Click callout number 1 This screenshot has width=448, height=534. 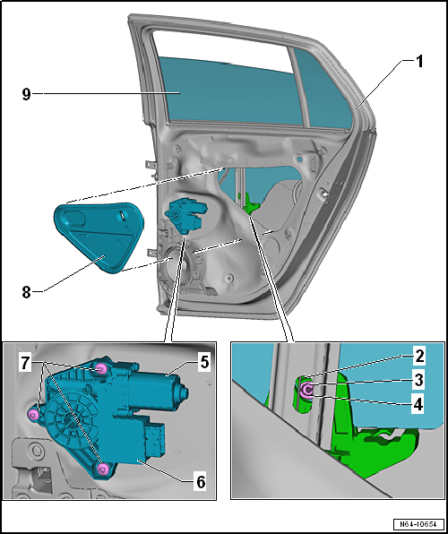(x=418, y=62)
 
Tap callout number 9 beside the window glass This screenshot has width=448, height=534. (x=27, y=94)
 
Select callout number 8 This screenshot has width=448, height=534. (x=27, y=292)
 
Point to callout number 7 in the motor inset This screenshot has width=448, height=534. (x=24, y=364)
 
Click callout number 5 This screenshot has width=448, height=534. (x=204, y=362)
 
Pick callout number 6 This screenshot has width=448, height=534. (x=200, y=482)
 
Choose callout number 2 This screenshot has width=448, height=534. (x=418, y=357)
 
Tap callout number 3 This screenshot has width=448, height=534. (x=418, y=380)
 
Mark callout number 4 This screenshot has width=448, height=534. (x=418, y=405)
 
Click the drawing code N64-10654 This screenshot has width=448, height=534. (x=418, y=523)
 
